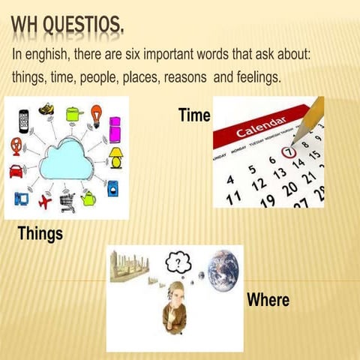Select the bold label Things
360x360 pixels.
pos(40,235)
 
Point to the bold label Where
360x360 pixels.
pos(268,300)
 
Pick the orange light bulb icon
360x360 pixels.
pos(95,113)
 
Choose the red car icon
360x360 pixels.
pos(16,170)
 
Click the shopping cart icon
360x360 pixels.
pos(67,200)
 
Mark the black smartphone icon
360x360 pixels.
pos(22,118)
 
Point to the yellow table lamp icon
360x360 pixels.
pos(116,156)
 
